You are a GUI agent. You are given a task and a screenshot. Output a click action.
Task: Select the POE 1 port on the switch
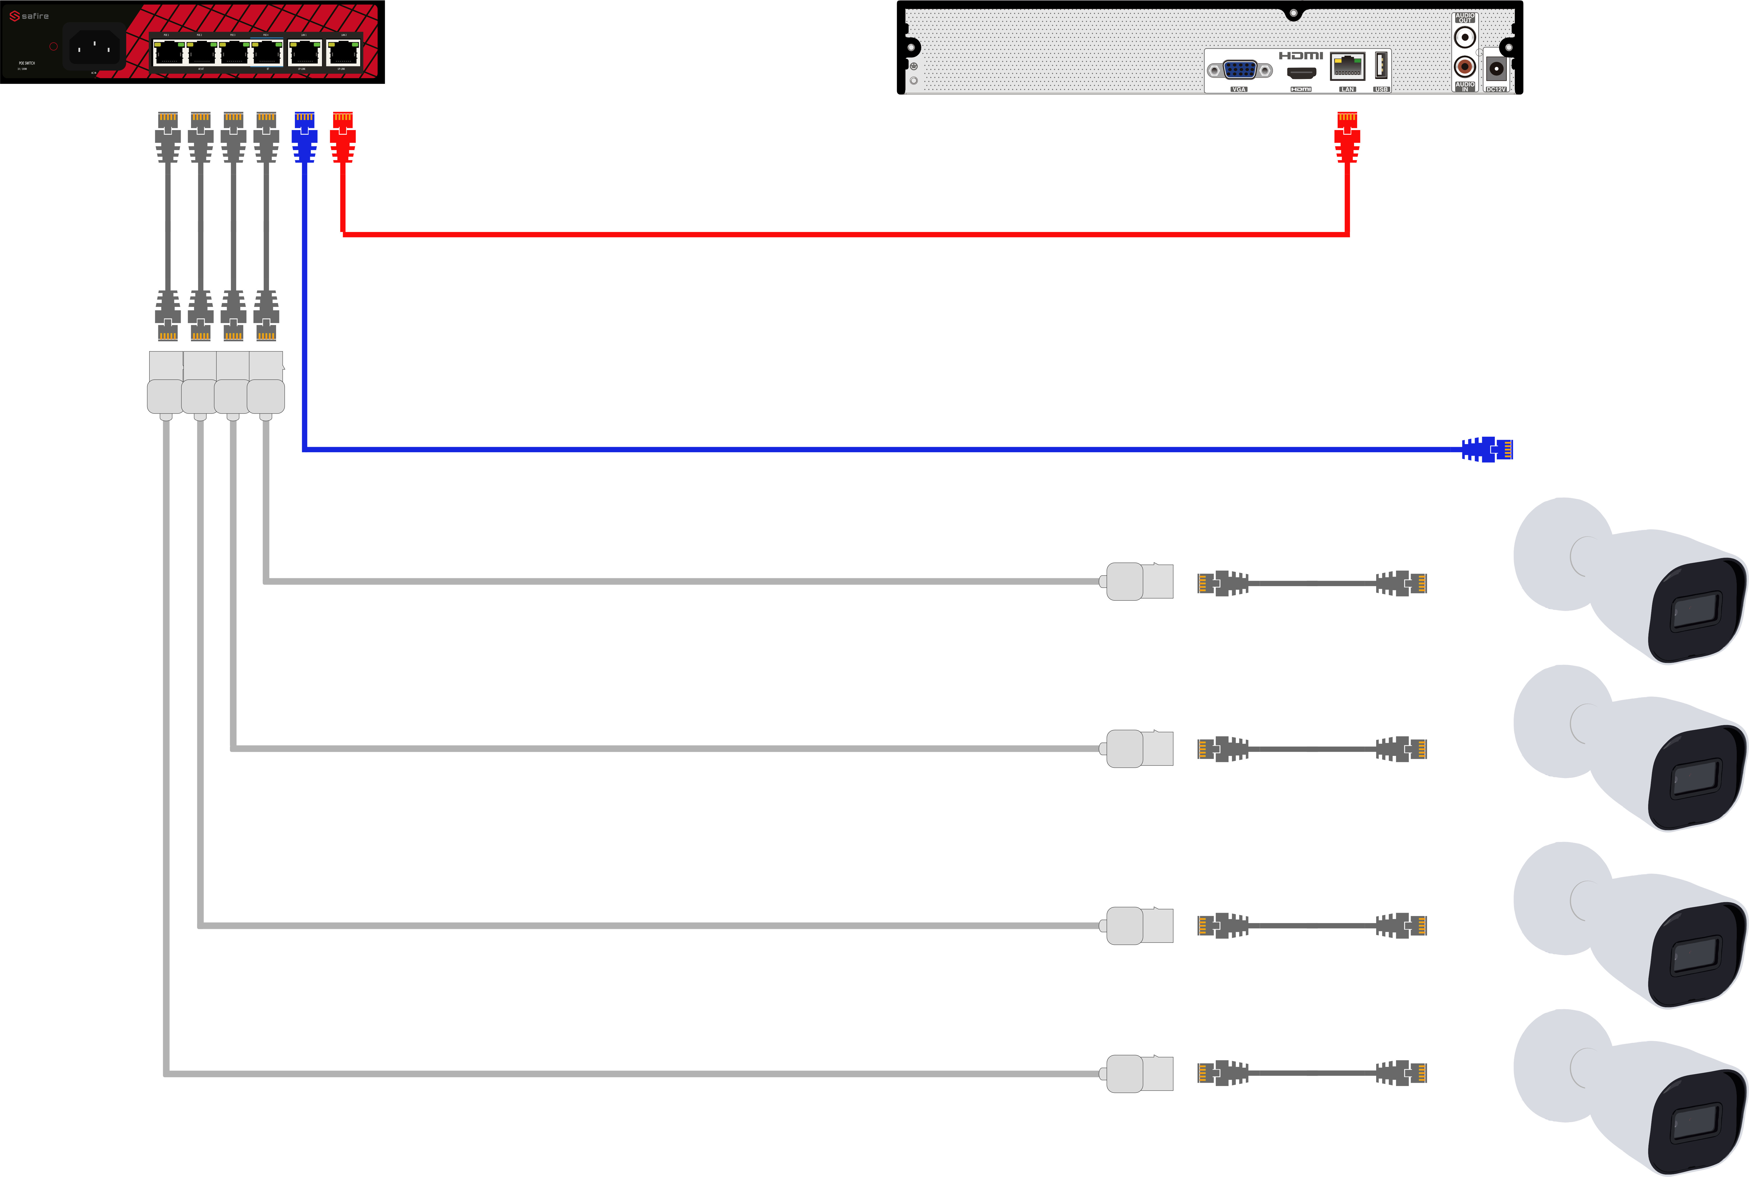click(168, 52)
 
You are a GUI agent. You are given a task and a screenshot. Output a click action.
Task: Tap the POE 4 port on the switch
click(266, 52)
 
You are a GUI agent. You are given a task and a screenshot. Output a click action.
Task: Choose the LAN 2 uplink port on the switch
click(343, 52)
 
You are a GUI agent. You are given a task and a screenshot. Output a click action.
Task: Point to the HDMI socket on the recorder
click(1301, 74)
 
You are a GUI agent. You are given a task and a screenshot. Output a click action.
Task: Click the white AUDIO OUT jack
click(1464, 37)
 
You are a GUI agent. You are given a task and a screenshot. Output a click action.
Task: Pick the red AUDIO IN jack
click(1464, 67)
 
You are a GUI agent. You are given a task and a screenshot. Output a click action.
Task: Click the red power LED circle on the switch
click(53, 46)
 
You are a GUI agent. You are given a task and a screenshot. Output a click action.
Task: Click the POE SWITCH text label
click(27, 63)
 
